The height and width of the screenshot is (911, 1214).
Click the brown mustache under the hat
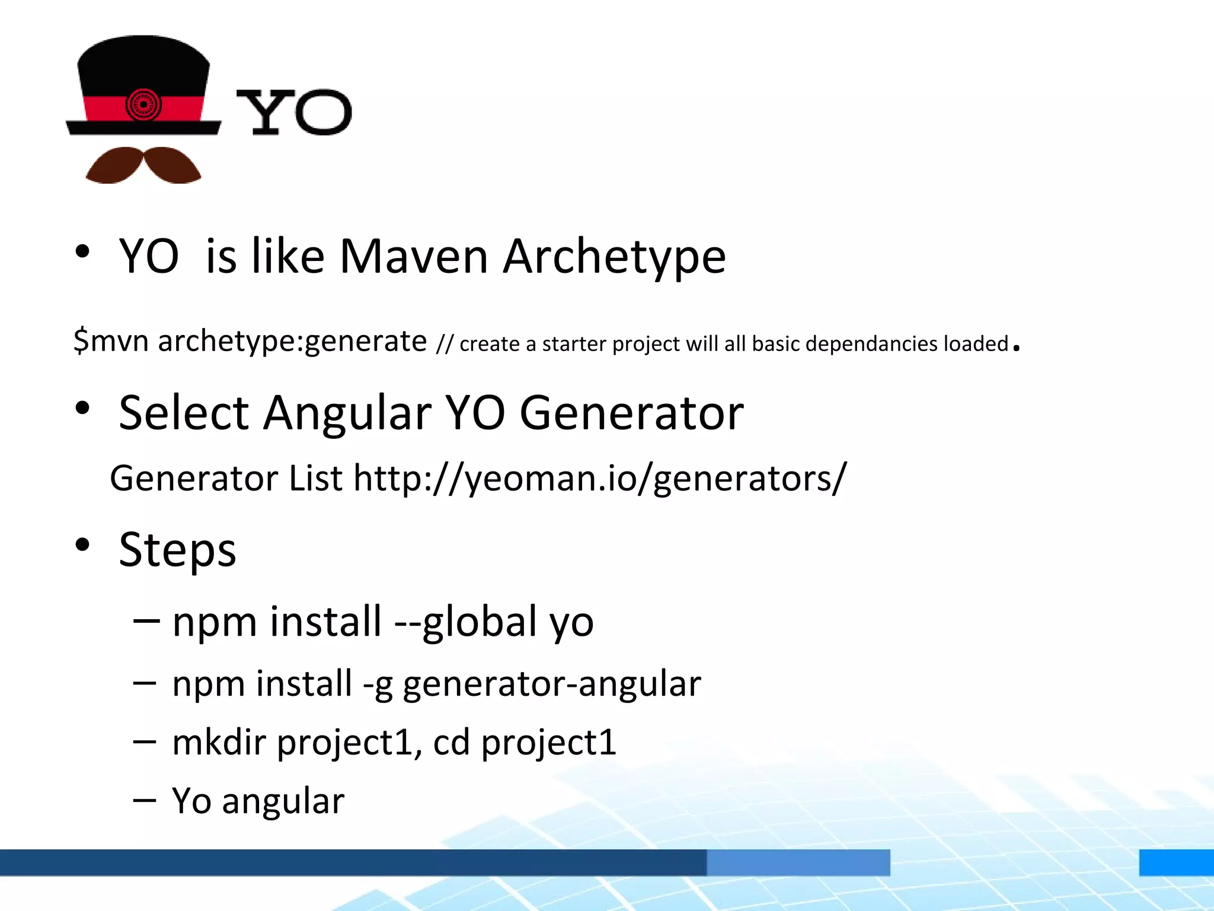pos(143,165)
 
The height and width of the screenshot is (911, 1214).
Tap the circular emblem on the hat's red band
pos(143,104)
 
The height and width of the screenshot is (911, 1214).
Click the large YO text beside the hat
pos(293,112)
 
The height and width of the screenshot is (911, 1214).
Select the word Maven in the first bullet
pos(414,256)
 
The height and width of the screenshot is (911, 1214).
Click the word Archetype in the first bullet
pos(615,256)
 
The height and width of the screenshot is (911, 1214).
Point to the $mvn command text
pos(111,341)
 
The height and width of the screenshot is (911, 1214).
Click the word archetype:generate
pos(292,341)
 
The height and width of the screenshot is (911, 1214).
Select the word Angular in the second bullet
pos(347,413)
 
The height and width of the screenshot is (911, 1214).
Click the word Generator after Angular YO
pos(631,413)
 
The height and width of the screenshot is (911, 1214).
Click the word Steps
pos(177,550)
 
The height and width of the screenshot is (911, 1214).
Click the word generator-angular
pos(552,684)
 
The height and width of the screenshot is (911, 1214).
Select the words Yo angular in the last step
pos(258,801)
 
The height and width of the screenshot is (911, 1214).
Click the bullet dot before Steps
pos(82,544)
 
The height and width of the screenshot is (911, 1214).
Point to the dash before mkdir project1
pos(145,741)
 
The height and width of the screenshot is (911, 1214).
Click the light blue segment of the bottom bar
pos(798,862)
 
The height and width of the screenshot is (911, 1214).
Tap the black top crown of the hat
pos(143,65)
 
